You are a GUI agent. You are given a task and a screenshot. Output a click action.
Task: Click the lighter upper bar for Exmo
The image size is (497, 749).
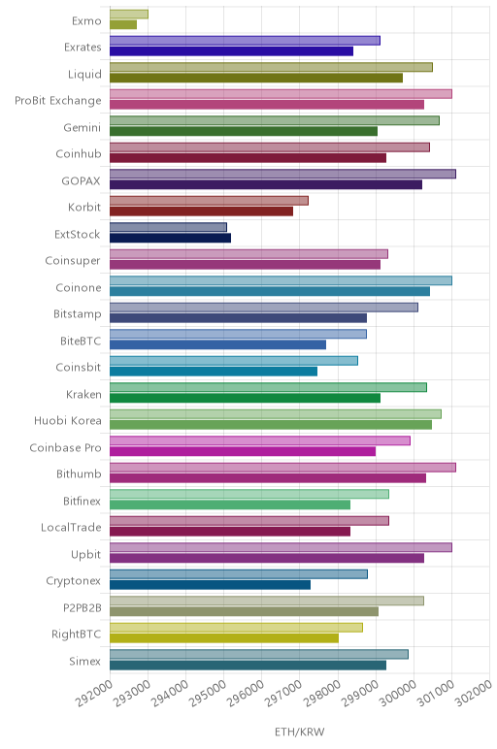click(129, 15)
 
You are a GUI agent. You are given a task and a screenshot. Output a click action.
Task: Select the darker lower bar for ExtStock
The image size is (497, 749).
click(170, 238)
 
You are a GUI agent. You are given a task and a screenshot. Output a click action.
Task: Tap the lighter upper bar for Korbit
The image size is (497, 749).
click(209, 201)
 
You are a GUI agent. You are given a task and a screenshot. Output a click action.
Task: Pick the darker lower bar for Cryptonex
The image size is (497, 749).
click(210, 585)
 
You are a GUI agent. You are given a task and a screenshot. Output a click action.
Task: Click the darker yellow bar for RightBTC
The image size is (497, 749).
click(224, 638)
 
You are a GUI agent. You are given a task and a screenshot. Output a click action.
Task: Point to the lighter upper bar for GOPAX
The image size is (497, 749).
click(282, 174)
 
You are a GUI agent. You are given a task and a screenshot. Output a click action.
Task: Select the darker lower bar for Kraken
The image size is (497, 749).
click(246, 398)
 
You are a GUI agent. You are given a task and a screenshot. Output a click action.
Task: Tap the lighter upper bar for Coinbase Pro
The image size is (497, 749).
click(260, 440)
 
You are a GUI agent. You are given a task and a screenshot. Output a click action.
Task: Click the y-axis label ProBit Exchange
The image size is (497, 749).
click(58, 101)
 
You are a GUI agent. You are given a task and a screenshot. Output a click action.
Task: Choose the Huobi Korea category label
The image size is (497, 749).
click(67, 420)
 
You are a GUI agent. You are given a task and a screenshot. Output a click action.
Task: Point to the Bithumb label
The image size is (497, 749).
click(79, 473)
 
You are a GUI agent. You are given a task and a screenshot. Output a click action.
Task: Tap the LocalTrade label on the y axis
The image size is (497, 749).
click(71, 528)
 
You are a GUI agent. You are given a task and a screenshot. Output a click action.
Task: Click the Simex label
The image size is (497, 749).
click(85, 661)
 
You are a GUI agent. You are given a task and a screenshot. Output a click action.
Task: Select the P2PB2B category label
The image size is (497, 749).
click(83, 607)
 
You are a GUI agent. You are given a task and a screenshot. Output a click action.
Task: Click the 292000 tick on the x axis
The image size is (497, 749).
click(94, 693)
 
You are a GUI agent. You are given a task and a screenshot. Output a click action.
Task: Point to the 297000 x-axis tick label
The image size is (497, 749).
click(283, 693)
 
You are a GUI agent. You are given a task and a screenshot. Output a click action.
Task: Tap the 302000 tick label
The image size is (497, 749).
click(474, 693)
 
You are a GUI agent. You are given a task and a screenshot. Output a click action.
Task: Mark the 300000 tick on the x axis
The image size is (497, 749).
click(398, 693)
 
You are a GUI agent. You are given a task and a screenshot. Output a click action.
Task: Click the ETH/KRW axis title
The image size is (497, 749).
click(300, 732)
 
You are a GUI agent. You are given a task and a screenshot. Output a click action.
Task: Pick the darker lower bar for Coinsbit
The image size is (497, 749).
click(214, 372)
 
